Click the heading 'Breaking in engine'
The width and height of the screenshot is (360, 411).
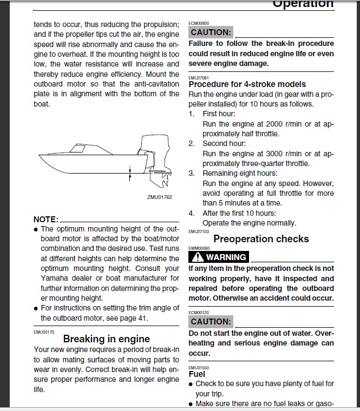coord(107,339)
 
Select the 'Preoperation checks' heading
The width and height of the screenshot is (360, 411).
coord(261,238)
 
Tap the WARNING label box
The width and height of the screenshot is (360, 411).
coord(218,257)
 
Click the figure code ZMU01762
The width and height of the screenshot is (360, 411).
coord(159,197)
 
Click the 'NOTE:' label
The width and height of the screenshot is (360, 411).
coord(45,220)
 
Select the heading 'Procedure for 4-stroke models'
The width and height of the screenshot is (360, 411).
coord(247,84)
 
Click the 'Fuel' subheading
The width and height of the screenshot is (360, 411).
coord(197,374)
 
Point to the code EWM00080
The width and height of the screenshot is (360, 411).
coord(198,248)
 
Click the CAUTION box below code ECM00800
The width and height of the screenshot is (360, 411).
coord(211,32)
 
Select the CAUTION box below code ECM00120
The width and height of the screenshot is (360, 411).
coord(211,321)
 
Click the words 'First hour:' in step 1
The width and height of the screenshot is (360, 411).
coord(219,114)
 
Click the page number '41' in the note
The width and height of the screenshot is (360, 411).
coord(142,318)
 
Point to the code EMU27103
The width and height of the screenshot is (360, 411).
coord(198,231)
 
